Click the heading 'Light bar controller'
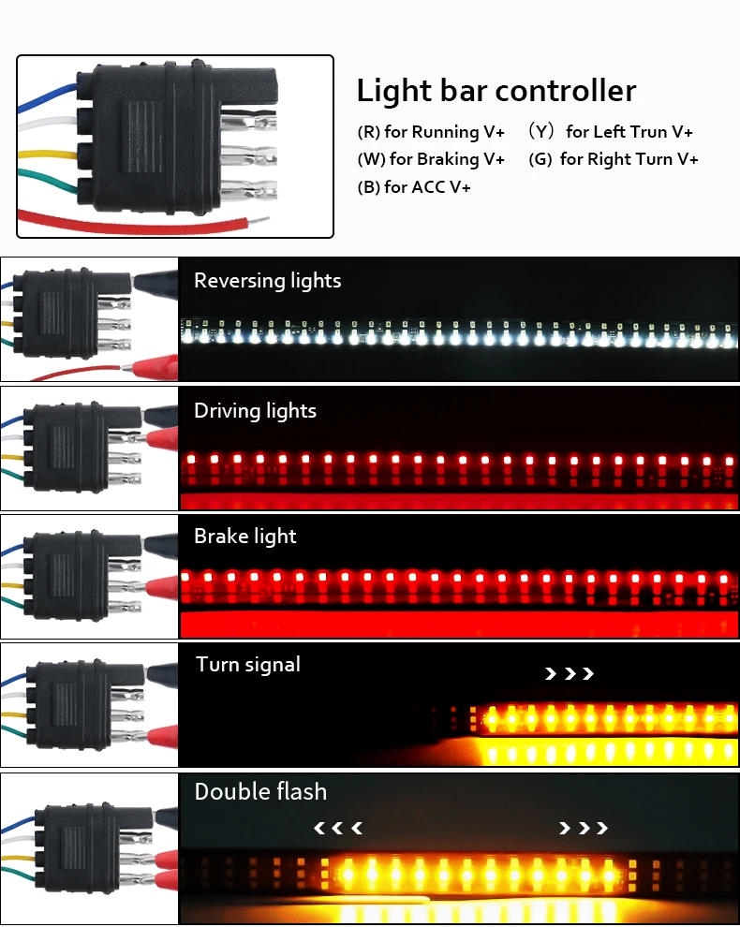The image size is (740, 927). coord(496,91)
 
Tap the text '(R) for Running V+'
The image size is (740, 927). coord(431,132)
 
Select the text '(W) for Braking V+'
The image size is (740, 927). coord(431,159)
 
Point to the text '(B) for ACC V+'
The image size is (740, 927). coord(414,187)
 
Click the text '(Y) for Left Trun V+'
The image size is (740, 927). coord(611,132)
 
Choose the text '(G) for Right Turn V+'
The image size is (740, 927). coord(614,159)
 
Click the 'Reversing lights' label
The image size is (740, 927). coord(267,281)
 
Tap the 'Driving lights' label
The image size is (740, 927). coord(255,411)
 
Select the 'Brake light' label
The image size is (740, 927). coord(244,537)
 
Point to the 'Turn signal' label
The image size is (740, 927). coord(248,665)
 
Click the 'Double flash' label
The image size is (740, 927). coord(260,792)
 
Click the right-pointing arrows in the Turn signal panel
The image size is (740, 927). coord(570,673)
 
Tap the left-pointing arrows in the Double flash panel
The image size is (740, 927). coord(337,828)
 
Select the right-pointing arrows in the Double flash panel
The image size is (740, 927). coord(583,828)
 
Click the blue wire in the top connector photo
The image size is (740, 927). coord(47,94)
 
